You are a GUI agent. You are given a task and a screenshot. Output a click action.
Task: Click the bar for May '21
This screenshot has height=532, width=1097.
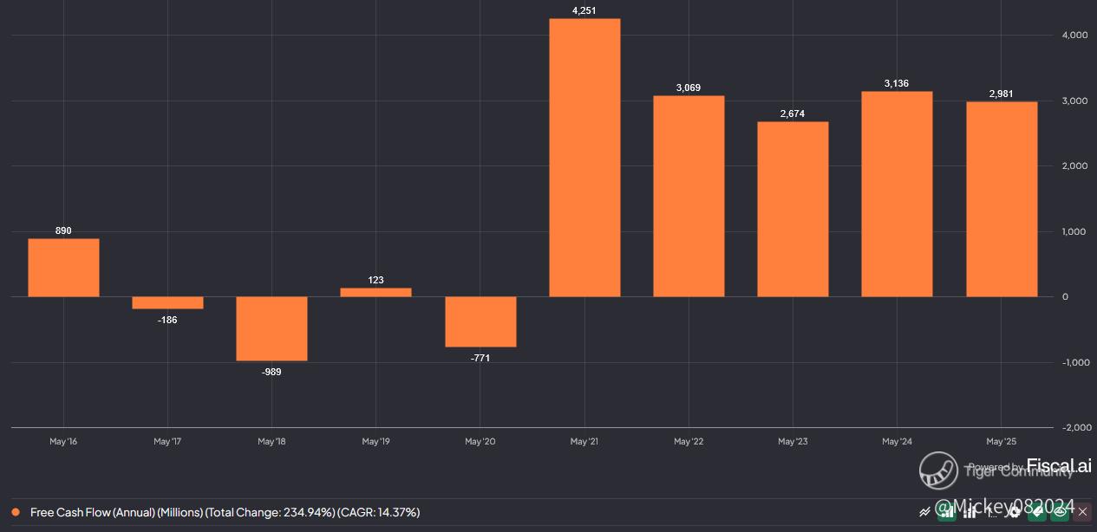pyautogui.click(x=584, y=158)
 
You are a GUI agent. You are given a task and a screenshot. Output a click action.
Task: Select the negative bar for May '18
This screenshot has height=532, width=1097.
pyautogui.click(x=271, y=328)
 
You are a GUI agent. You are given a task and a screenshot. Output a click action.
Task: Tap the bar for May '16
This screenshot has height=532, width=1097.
pyautogui.click(x=63, y=268)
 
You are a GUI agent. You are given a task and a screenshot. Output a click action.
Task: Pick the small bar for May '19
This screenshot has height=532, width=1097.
pyautogui.click(x=375, y=292)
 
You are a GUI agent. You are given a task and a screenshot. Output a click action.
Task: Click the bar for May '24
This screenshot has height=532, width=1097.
pyautogui.click(x=897, y=194)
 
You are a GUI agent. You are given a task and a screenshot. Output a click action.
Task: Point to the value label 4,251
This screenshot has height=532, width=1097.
pyautogui.click(x=584, y=10)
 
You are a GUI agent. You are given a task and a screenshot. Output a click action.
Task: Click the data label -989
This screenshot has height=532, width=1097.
pyautogui.click(x=271, y=372)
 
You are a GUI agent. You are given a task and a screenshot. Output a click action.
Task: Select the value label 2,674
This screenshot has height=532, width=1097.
pyautogui.click(x=793, y=114)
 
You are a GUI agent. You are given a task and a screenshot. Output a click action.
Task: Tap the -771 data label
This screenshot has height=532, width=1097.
pyautogui.click(x=480, y=358)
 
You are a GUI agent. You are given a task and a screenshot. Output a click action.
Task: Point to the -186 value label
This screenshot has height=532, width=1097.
pyautogui.click(x=167, y=320)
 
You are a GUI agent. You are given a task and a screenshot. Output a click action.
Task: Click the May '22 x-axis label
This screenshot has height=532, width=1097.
pyautogui.click(x=689, y=442)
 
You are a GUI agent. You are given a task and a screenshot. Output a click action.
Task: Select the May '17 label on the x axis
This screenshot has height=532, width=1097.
pyautogui.click(x=167, y=442)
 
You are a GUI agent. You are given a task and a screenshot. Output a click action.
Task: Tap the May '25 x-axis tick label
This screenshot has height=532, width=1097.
pyautogui.click(x=1001, y=442)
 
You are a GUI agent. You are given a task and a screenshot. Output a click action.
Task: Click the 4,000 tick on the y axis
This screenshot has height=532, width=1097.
pyautogui.click(x=1075, y=36)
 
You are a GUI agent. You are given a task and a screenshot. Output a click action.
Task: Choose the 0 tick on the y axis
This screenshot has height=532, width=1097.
pyautogui.click(x=1066, y=297)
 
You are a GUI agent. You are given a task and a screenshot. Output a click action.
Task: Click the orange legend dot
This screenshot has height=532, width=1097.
pyautogui.click(x=16, y=512)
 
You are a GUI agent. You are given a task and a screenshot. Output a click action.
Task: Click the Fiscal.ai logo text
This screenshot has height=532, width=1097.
pyautogui.click(x=1059, y=466)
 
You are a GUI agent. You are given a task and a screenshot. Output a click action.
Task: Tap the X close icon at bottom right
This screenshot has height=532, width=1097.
pyautogui.click(x=1082, y=512)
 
